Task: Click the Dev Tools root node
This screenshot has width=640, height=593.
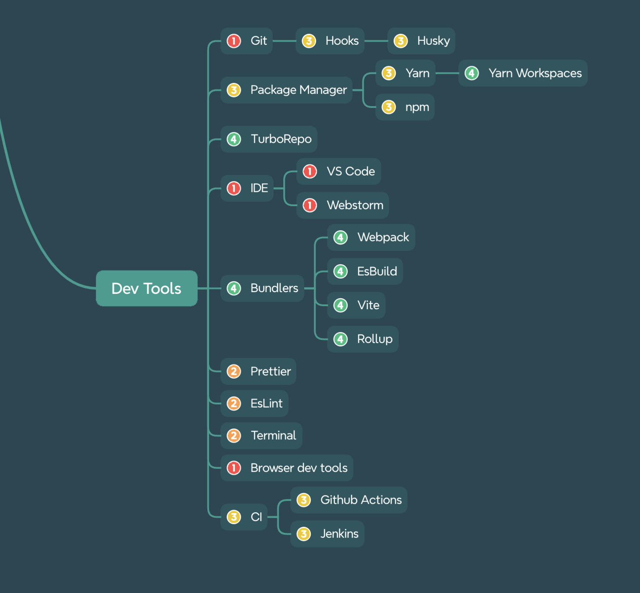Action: click(147, 288)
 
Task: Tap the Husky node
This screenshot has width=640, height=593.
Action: click(421, 41)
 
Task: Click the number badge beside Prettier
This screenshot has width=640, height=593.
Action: click(234, 372)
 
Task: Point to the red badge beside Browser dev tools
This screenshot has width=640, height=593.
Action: click(234, 468)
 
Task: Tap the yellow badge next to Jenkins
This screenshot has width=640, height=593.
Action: click(304, 534)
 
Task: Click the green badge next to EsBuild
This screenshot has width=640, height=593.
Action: click(341, 271)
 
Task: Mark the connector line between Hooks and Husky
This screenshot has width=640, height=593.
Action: click(376, 41)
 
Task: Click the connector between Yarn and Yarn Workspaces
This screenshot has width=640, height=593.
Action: click(447, 73)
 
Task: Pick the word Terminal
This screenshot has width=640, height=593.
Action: click(273, 436)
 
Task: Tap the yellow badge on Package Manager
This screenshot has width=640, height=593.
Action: click(234, 90)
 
